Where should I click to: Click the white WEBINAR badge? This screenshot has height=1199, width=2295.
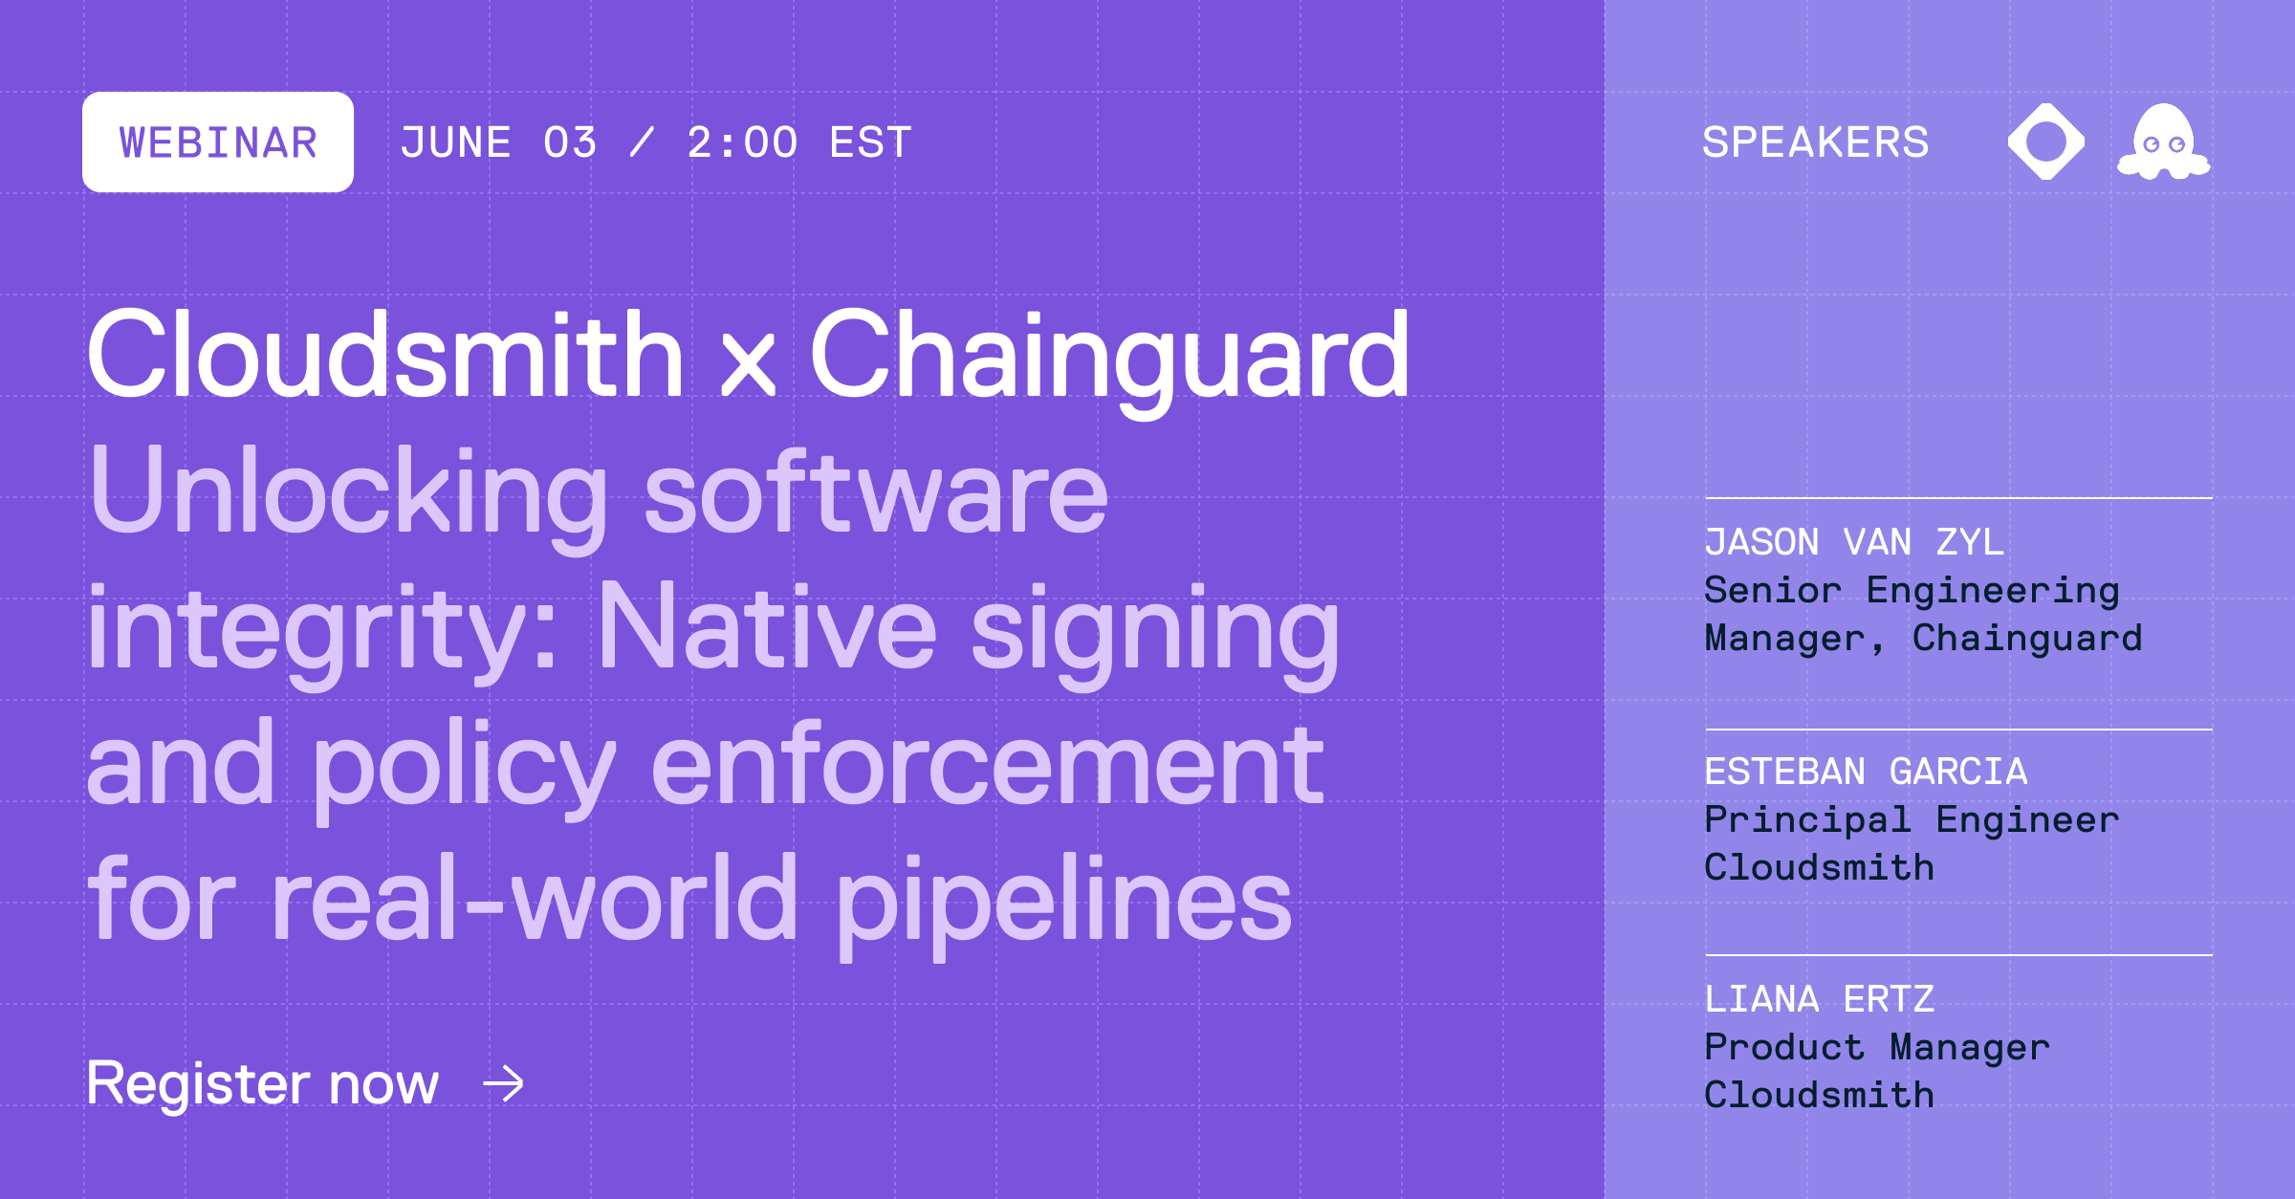click(x=218, y=142)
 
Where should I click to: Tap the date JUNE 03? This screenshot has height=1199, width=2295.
click(x=498, y=143)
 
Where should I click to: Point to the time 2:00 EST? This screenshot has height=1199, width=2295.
click(x=799, y=143)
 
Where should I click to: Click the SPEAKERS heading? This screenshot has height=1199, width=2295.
click(x=1815, y=142)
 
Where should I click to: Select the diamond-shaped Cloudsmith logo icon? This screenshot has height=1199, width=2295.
click(x=2045, y=142)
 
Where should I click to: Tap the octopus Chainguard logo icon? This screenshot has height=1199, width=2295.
click(x=2163, y=142)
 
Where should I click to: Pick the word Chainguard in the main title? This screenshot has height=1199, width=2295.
click(x=1109, y=356)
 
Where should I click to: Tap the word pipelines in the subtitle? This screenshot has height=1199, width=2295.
click(x=1063, y=901)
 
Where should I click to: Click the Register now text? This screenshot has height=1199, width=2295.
click(x=263, y=1083)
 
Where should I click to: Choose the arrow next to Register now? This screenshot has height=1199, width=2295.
click(x=504, y=1083)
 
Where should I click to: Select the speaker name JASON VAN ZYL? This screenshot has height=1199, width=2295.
click(x=1853, y=542)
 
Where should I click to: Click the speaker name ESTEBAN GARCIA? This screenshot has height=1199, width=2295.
click(x=1865, y=772)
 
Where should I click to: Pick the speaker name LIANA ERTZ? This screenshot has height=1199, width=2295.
click(x=1819, y=999)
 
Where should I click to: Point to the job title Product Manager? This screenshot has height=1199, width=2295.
click(x=1876, y=1047)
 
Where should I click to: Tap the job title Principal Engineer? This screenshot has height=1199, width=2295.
click(x=1911, y=819)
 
